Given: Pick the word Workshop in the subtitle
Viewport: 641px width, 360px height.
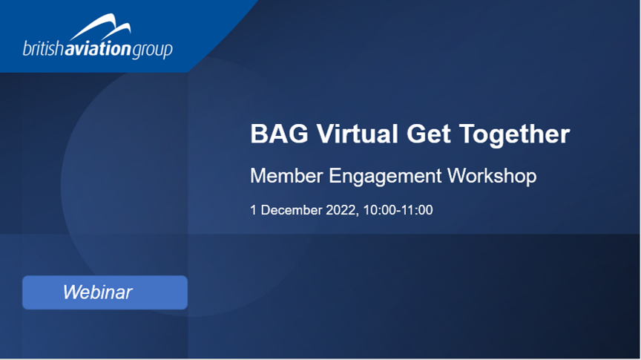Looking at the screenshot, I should [492, 177].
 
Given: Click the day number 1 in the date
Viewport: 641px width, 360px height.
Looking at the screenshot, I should [254, 210].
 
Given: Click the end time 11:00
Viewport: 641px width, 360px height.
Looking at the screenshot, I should [417, 210].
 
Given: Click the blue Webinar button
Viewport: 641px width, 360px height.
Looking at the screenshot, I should [105, 292].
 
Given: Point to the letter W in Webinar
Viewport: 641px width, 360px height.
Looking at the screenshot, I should [71, 292].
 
